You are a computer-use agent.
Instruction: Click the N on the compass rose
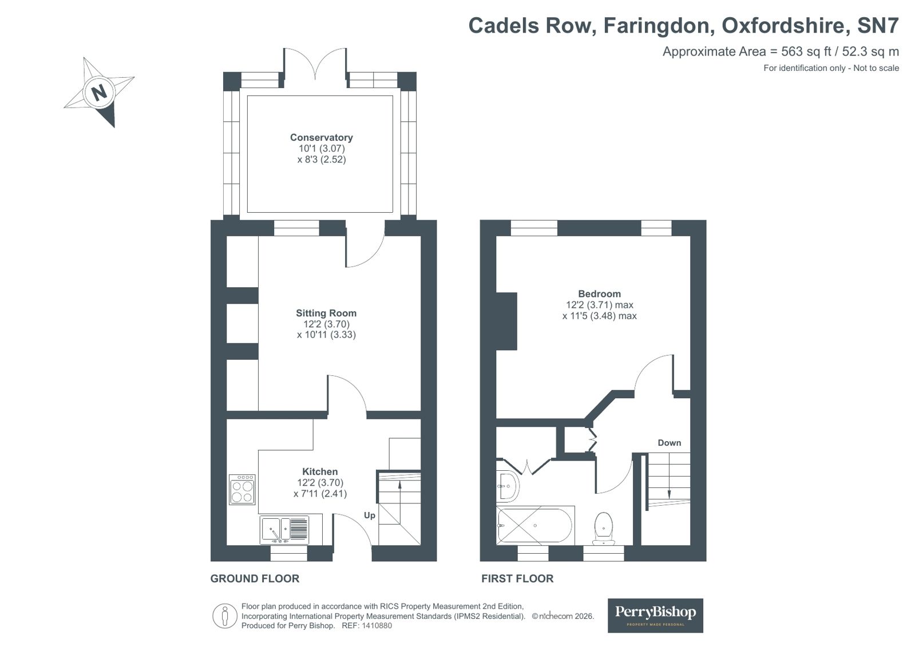(100, 92)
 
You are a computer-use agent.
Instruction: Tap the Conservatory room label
(321, 137)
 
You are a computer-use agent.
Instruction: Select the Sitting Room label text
(326, 313)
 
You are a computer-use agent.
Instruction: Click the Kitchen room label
(320, 471)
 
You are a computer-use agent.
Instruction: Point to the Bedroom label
(599, 293)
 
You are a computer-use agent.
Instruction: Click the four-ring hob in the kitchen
(242, 490)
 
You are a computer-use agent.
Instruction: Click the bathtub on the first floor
(534, 525)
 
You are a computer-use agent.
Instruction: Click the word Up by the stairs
(370, 515)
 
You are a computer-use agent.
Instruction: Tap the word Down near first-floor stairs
(669, 443)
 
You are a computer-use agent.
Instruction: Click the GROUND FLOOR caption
(255, 578)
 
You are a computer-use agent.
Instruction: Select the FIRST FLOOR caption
(517, 578)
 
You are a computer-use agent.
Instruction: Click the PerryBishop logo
(655, 615)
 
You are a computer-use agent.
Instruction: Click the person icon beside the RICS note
(225, 616)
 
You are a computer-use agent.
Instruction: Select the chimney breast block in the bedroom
(506, 321)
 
